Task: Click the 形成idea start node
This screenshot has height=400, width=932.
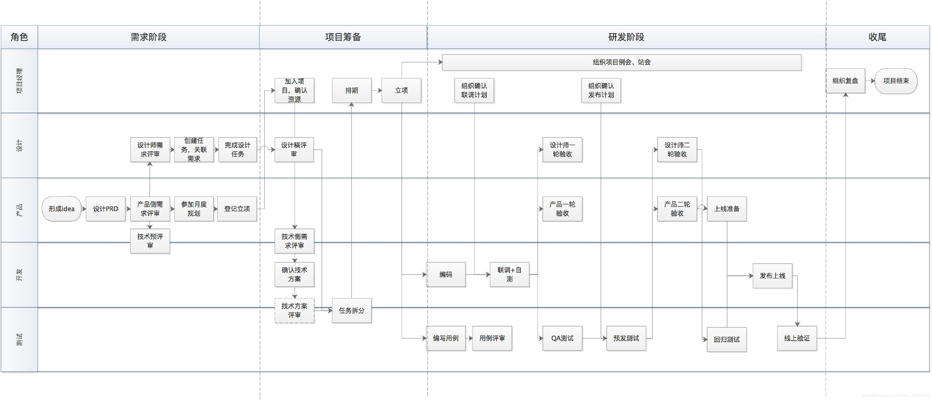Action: pyautogui.click(x=62, y=209)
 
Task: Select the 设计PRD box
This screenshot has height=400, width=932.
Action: pyautogui.click(x=105, y=209)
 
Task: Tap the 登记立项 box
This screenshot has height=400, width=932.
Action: pyautogui.click(x=237, y=209)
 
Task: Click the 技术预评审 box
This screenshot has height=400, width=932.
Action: pyautogui.click(x=150, y=241)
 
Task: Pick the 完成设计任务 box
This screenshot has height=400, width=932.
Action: pyautogui.click(x=237, y=149)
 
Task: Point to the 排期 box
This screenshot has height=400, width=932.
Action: pyautogui.click(x=351, y=90)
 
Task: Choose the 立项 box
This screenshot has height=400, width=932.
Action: pyautogui.click(x=401, y=90)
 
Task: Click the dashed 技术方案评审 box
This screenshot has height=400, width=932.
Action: pyautogui.click(x=294, y=310)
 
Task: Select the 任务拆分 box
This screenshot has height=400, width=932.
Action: pyautogui.click(x=351, y=310)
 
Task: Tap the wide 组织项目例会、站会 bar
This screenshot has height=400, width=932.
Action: pyautogui.click(x=621, y=62)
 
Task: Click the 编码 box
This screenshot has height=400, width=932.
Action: pyautogui.click(x=445, y=274)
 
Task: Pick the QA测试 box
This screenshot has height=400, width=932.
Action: pyautogui.click(x=562, y=338)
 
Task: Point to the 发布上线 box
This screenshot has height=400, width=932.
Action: pyautogui.click(x=772, y=276)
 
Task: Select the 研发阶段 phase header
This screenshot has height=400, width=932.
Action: pyautogui.click(x=626, y=37)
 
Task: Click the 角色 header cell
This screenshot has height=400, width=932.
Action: pyautogui.click(x=19, y=37)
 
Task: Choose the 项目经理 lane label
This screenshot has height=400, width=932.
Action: pyautogui.click(x=19, y=81)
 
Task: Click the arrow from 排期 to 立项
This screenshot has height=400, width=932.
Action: pyautogui.click(x=377, y=90)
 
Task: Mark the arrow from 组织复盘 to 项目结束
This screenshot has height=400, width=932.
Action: pyautogui.click(x=870, y=81)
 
